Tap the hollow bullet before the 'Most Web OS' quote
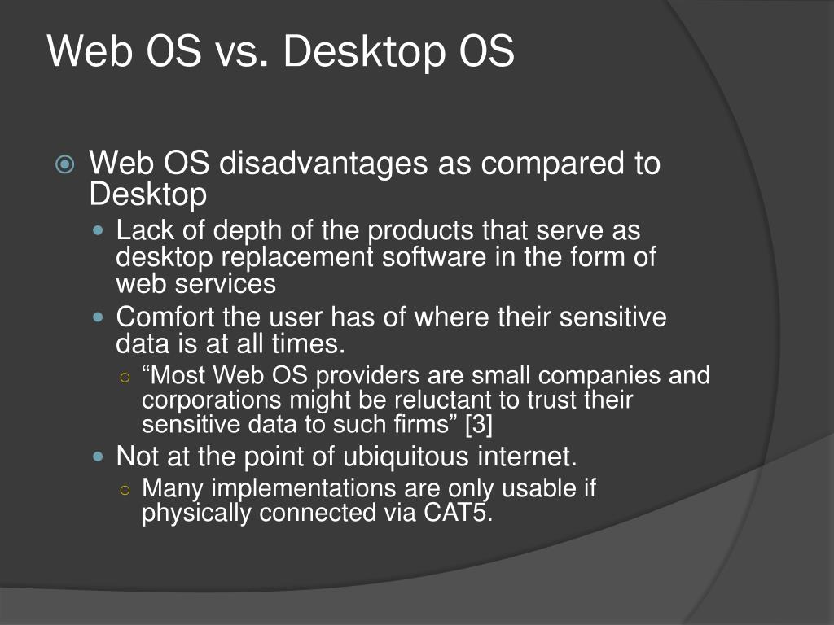[125, 377]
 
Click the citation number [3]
[476, 425]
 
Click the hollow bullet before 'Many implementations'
[125, 489]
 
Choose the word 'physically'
[196, 514]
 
